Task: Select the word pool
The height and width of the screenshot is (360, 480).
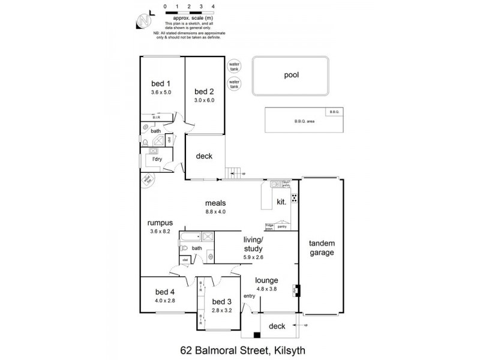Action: click(x=291, y=76)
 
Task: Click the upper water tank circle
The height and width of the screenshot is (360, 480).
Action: click(x=234, y=66)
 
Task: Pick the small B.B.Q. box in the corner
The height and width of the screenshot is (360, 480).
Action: click(x=334, y=112)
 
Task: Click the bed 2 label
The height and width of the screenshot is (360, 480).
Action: click(x=204, y=91)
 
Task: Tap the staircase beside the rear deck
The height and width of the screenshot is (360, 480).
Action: click(x=235, y=173)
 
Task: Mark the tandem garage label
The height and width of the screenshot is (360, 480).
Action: click(x=322, y=248)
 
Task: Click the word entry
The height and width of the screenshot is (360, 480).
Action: click(x=250, y=296)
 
